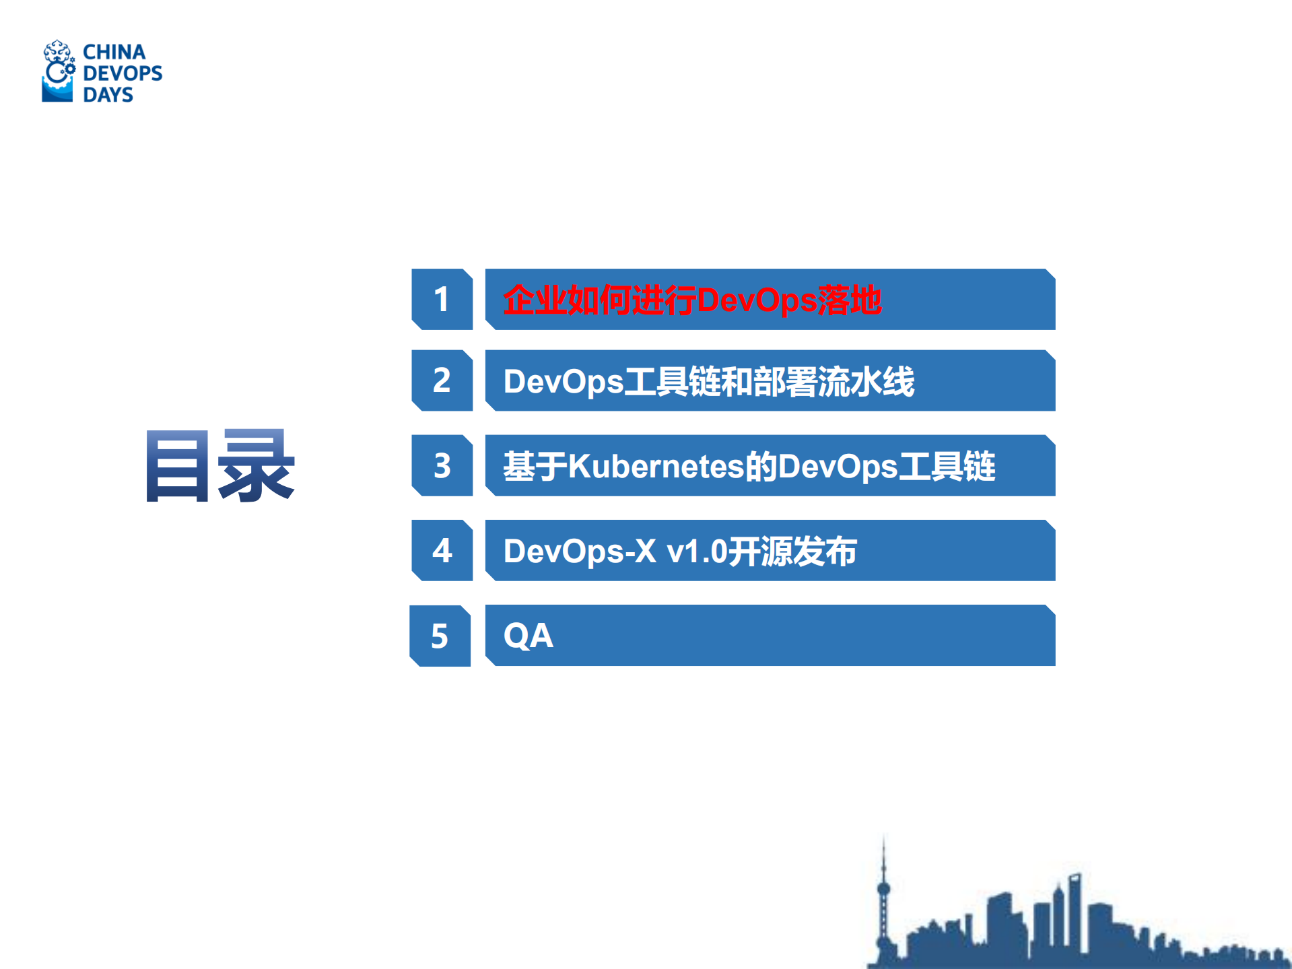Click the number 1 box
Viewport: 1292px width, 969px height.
[x=442, y=299]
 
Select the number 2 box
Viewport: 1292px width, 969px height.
[x=442, y=380]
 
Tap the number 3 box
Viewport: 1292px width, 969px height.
[x=442, y=465]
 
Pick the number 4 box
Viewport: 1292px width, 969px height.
[x=442, y=550]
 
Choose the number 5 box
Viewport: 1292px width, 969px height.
[x=440, y=636]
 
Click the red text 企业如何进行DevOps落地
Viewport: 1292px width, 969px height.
[x=691, y=300]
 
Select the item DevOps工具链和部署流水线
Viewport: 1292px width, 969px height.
[x=708, y=381]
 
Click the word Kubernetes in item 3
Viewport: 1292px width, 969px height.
[x=656, y=466]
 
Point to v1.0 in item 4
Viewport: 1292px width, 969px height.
[x=697, y=551]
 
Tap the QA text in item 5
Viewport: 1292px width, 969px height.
[x=529, y=636]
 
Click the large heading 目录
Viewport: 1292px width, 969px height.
[x=220, y=466]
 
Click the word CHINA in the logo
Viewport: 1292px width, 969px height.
[x=114, y=52]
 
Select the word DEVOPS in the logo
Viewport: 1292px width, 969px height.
[x=123, y=73]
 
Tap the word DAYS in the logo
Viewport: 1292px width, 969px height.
[x=108, y=94]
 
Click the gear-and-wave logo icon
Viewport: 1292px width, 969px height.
[x=59, y=71]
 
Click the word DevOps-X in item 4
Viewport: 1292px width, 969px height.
[x=580, y=551]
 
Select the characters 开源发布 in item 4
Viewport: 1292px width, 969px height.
[x=792, y=551]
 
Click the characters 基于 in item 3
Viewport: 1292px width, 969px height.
[x=535, y=466]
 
